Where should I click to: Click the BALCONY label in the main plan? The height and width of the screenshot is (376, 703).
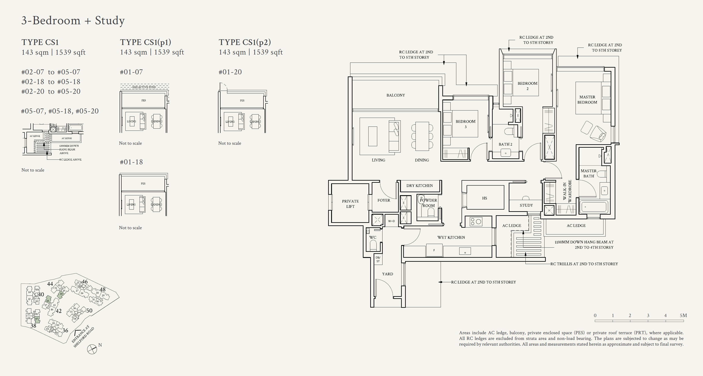[x=395, y=95]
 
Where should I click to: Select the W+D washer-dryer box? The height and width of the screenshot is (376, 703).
[x=391, y=221]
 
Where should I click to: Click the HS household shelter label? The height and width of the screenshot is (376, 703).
[x=484, y=198]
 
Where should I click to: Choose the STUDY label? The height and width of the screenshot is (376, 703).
[x=526, y=205]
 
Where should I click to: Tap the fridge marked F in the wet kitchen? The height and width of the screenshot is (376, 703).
[x=434, y=250]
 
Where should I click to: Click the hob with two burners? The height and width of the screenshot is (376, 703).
[x=476, y=221]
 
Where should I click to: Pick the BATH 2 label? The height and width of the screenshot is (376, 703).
[x=505, y=144]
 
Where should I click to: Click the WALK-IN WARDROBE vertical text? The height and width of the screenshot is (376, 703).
[x=567, y=191]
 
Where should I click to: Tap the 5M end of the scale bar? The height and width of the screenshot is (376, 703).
[x=683, y=315]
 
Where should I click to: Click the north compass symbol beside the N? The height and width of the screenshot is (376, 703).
[x=92, y=349]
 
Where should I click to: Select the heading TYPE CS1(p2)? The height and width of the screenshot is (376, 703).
[x=245, y=42]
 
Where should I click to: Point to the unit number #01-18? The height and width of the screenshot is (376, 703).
[x=131, y=162]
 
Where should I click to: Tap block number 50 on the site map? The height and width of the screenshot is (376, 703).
[x=89, y=310]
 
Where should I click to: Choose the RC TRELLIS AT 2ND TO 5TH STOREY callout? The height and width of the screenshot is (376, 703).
[x=584, y=264]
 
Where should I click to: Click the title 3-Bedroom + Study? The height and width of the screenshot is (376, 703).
[x=73, y=20]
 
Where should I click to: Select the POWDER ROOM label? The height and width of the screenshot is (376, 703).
[x=428, y=203]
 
